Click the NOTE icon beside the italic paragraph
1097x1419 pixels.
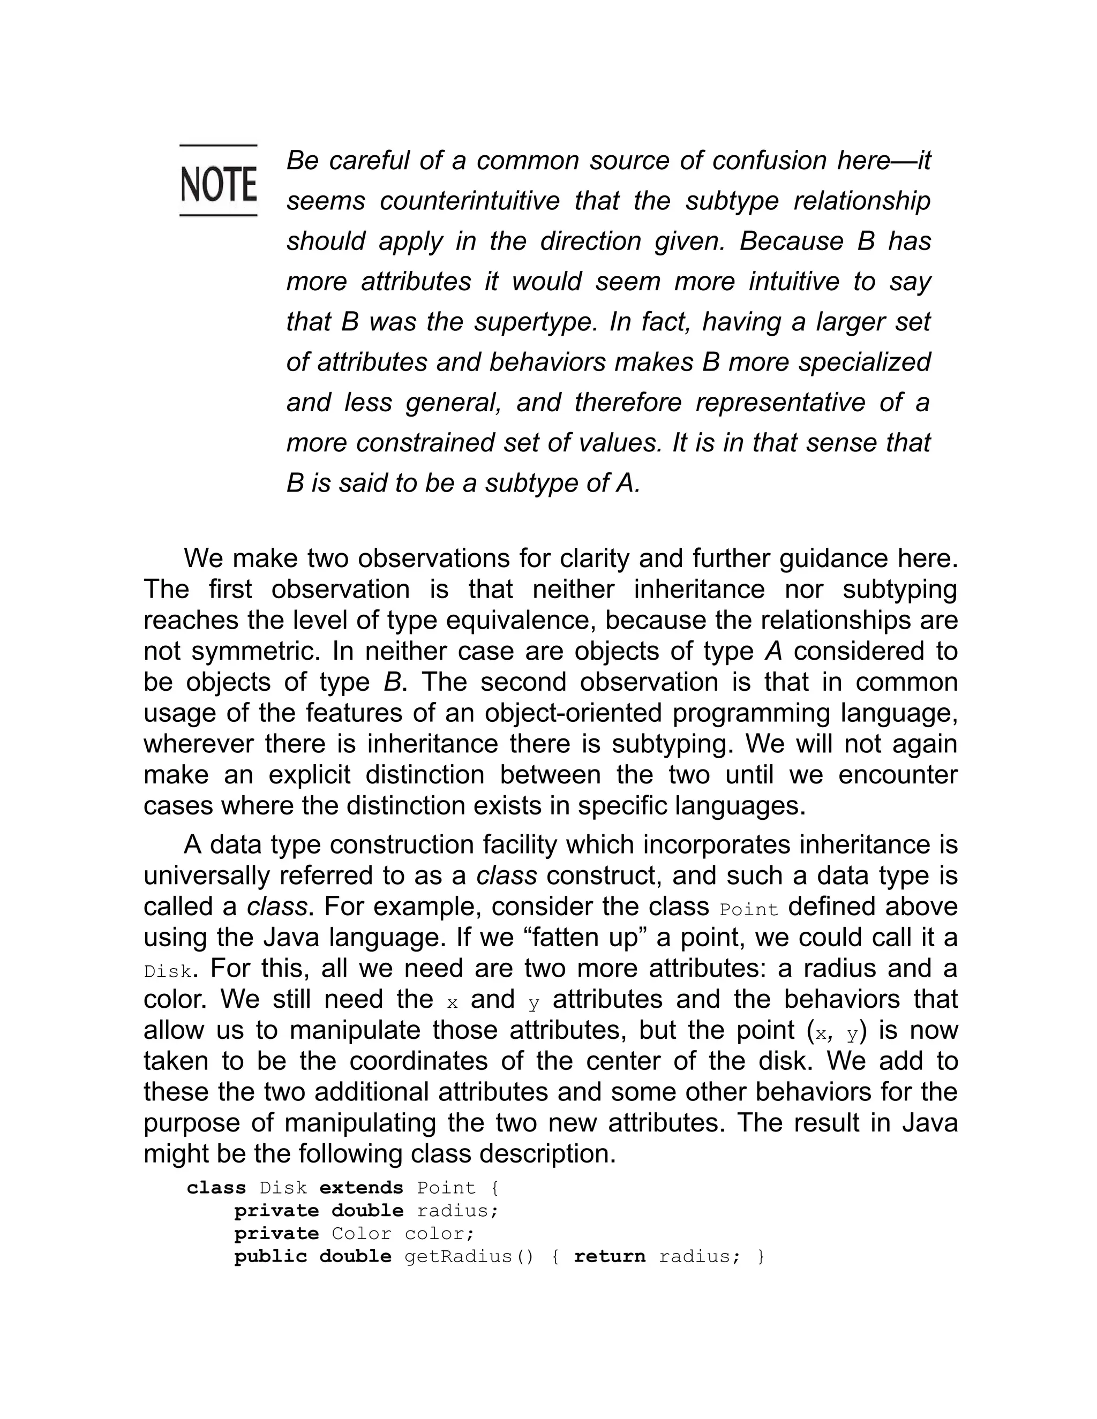[219, 180]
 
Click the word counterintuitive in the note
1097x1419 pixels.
[469, 201]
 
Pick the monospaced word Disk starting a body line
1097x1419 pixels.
[167, 972]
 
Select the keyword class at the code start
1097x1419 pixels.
[216, 1188]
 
